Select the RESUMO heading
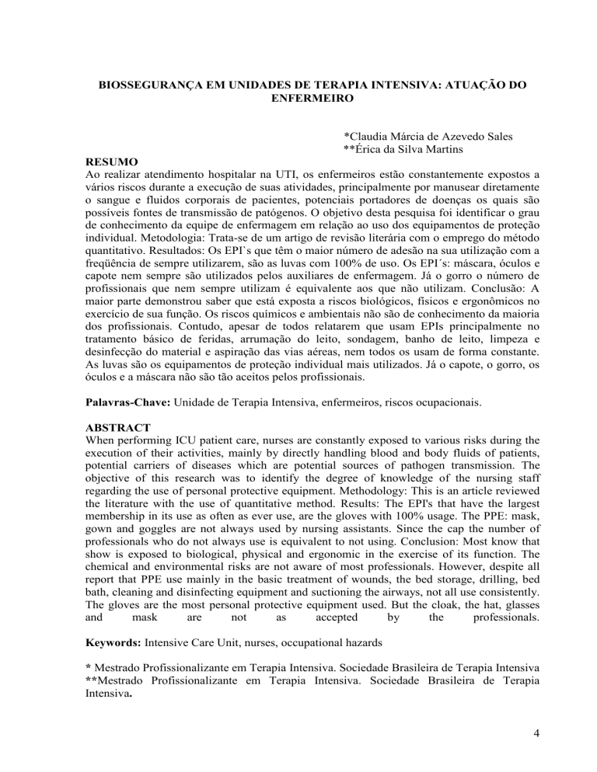tap(113, 162)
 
